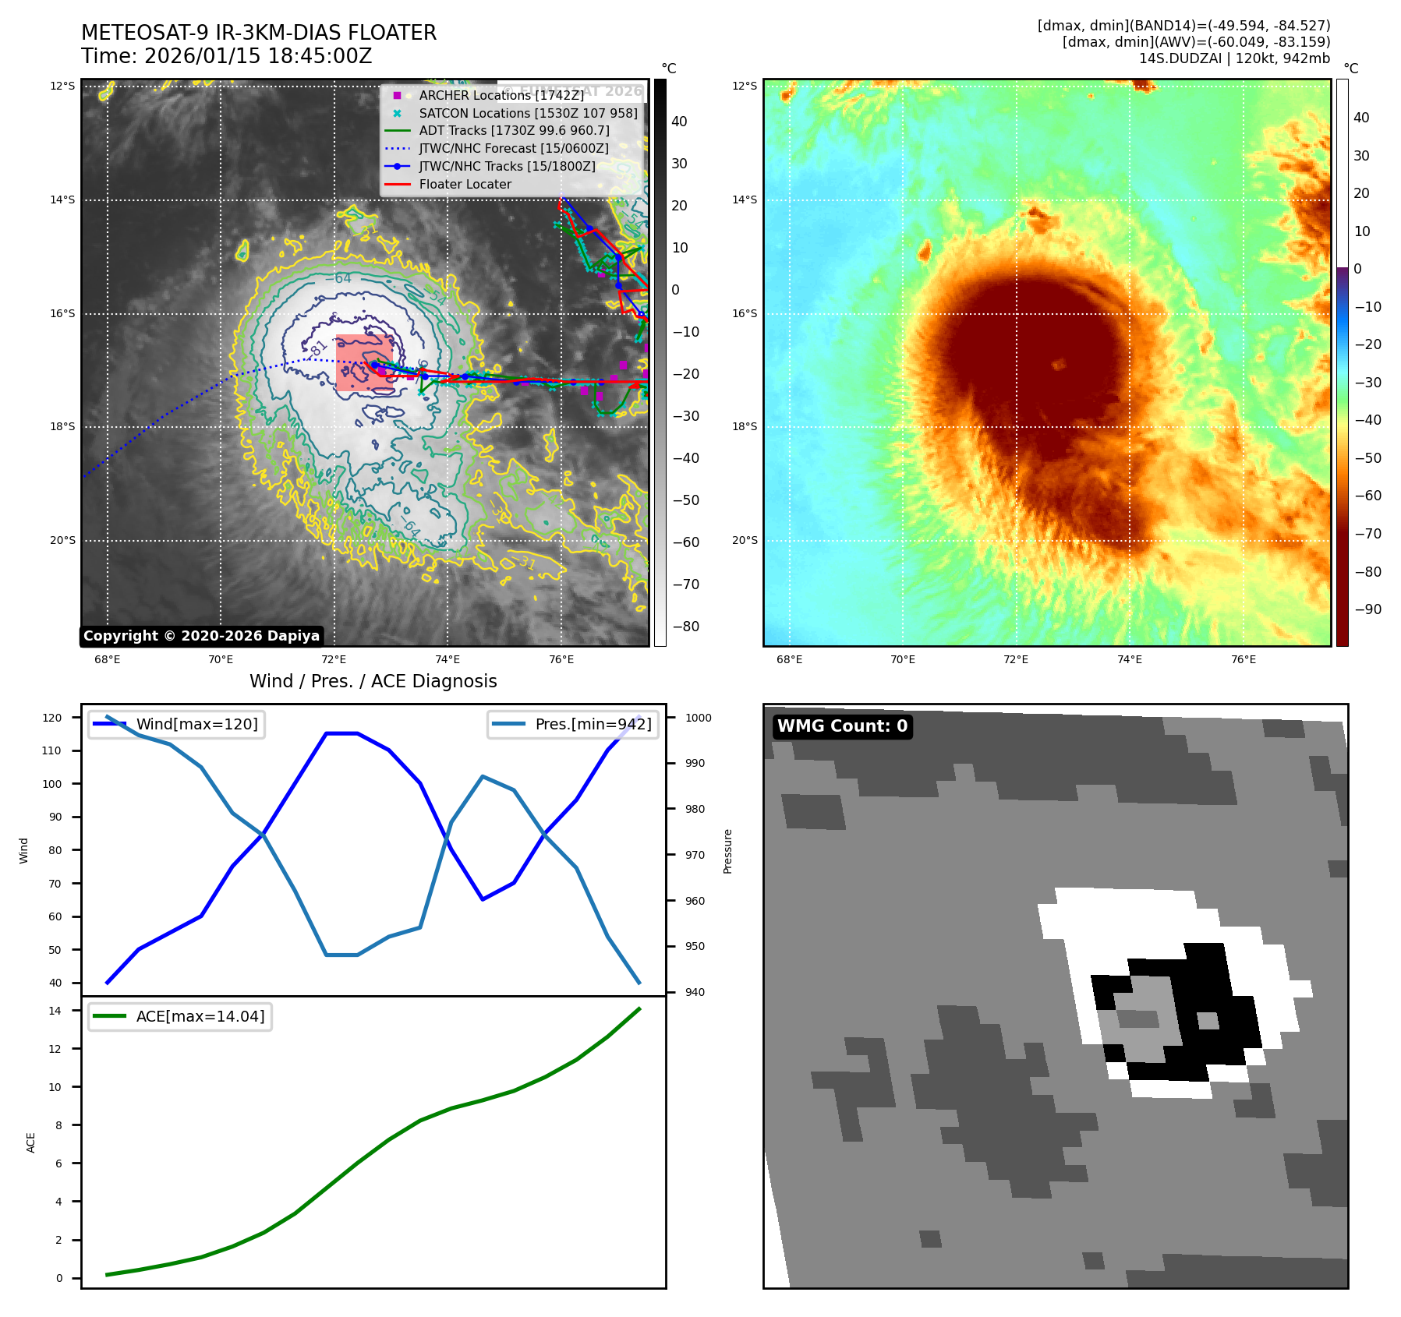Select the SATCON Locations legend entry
(x=528, y=113)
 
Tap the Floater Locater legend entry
(x=465, y=185)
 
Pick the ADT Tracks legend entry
(x=514, y=131)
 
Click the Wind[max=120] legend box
(x=176, y=725)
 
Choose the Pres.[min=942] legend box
(x=572, y=725)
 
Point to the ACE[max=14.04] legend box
(x=180, y=1016)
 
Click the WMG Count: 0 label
(x=842, y=726)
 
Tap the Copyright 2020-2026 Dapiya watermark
(x=201, y=636)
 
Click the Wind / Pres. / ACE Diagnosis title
(x=373, y=681)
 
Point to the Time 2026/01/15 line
(x=226, y=57)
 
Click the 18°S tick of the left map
(x=63, y=427)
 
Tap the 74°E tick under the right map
(x=1129, y=660)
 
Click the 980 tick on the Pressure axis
(x=695, y=809)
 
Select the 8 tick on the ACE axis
(x=58, y=1125)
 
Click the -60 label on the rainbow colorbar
(x=1367, y=496)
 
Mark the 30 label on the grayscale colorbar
(x=679, y=164)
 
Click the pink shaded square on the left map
(x=364, y=362)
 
